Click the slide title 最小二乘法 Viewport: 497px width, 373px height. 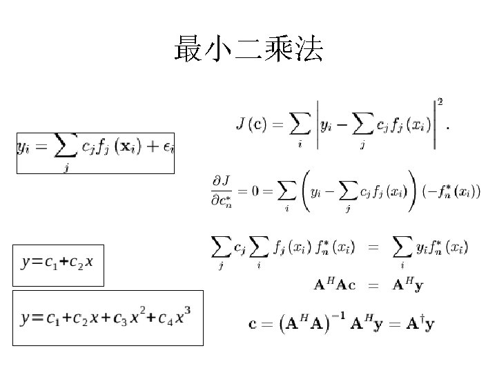[x=248, y=50]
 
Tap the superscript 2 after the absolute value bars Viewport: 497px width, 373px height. [x=440, y=102]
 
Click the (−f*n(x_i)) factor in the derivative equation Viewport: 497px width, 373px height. [x=449, y=192]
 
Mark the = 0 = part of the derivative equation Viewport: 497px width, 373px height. [x=260, y=191]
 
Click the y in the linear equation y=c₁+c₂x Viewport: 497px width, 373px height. [x=26, y=262]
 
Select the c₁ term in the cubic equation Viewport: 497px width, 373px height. [x=50, y=319]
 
